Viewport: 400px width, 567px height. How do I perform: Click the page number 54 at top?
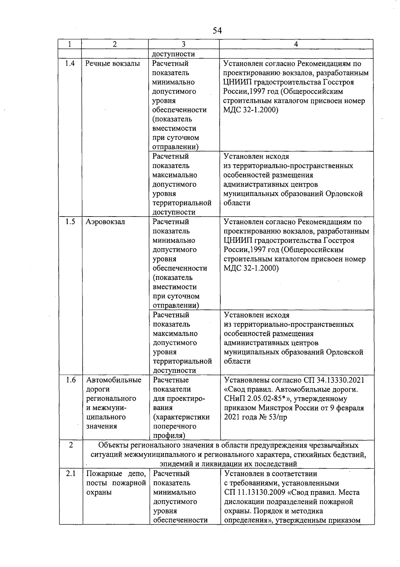(x=217, y=31)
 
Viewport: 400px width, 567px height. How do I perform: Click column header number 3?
(x=184, y=44)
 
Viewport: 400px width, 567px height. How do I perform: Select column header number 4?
(x=296, y=44)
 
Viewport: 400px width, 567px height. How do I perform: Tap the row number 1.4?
(x=70, y=63)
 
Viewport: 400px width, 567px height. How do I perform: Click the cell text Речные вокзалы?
(x=112, y=63)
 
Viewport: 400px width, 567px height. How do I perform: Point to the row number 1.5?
(x=70, y=222)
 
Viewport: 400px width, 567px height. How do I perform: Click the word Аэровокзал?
(x=105, y=222)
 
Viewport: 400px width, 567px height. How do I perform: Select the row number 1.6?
(x=71, y=380)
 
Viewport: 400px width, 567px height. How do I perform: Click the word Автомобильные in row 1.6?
(x=114, y=380)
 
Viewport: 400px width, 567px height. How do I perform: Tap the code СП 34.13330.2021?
(x=334, y=380)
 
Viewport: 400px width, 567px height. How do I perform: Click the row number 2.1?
(x=71, y=474)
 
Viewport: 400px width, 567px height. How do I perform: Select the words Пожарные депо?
(x=116, y=474)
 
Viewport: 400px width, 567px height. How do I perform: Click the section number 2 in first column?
(x=71, y=445)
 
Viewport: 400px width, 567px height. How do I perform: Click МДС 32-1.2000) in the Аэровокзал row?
(x=251, y=269)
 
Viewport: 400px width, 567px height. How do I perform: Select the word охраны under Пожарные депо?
(x=99, y=492)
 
